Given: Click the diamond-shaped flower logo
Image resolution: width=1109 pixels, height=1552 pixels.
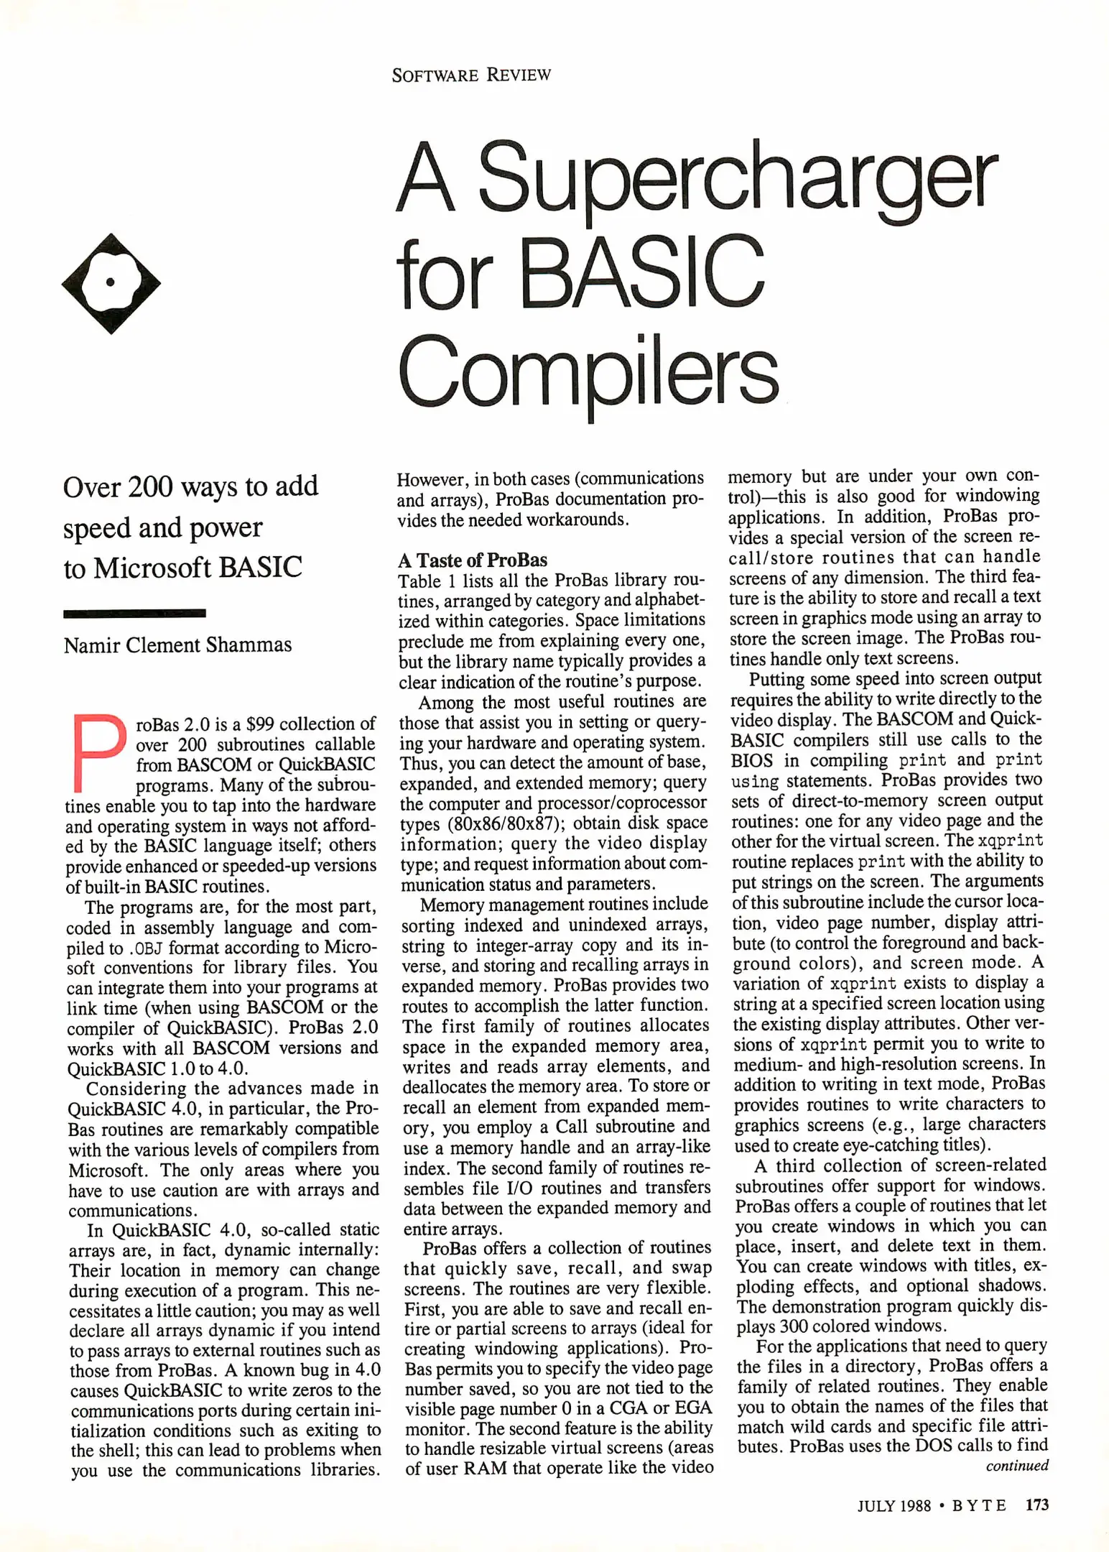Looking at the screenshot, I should tap(111, 283).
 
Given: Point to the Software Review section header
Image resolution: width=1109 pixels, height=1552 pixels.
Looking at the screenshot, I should tap(471, 75).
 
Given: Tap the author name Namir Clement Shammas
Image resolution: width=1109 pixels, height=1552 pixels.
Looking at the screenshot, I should tap(177, 645).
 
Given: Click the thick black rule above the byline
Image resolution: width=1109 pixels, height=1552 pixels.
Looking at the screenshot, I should tap(134, 613).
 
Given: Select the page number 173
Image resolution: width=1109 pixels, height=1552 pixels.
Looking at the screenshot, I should tap(1036, 1504).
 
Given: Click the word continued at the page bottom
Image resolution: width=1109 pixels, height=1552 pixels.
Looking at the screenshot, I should tap(1016, 1465).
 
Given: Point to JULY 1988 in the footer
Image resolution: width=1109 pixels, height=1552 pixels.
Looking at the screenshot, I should tap(894, 1505).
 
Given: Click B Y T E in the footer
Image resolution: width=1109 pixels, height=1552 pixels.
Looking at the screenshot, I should tap(978, 1505).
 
